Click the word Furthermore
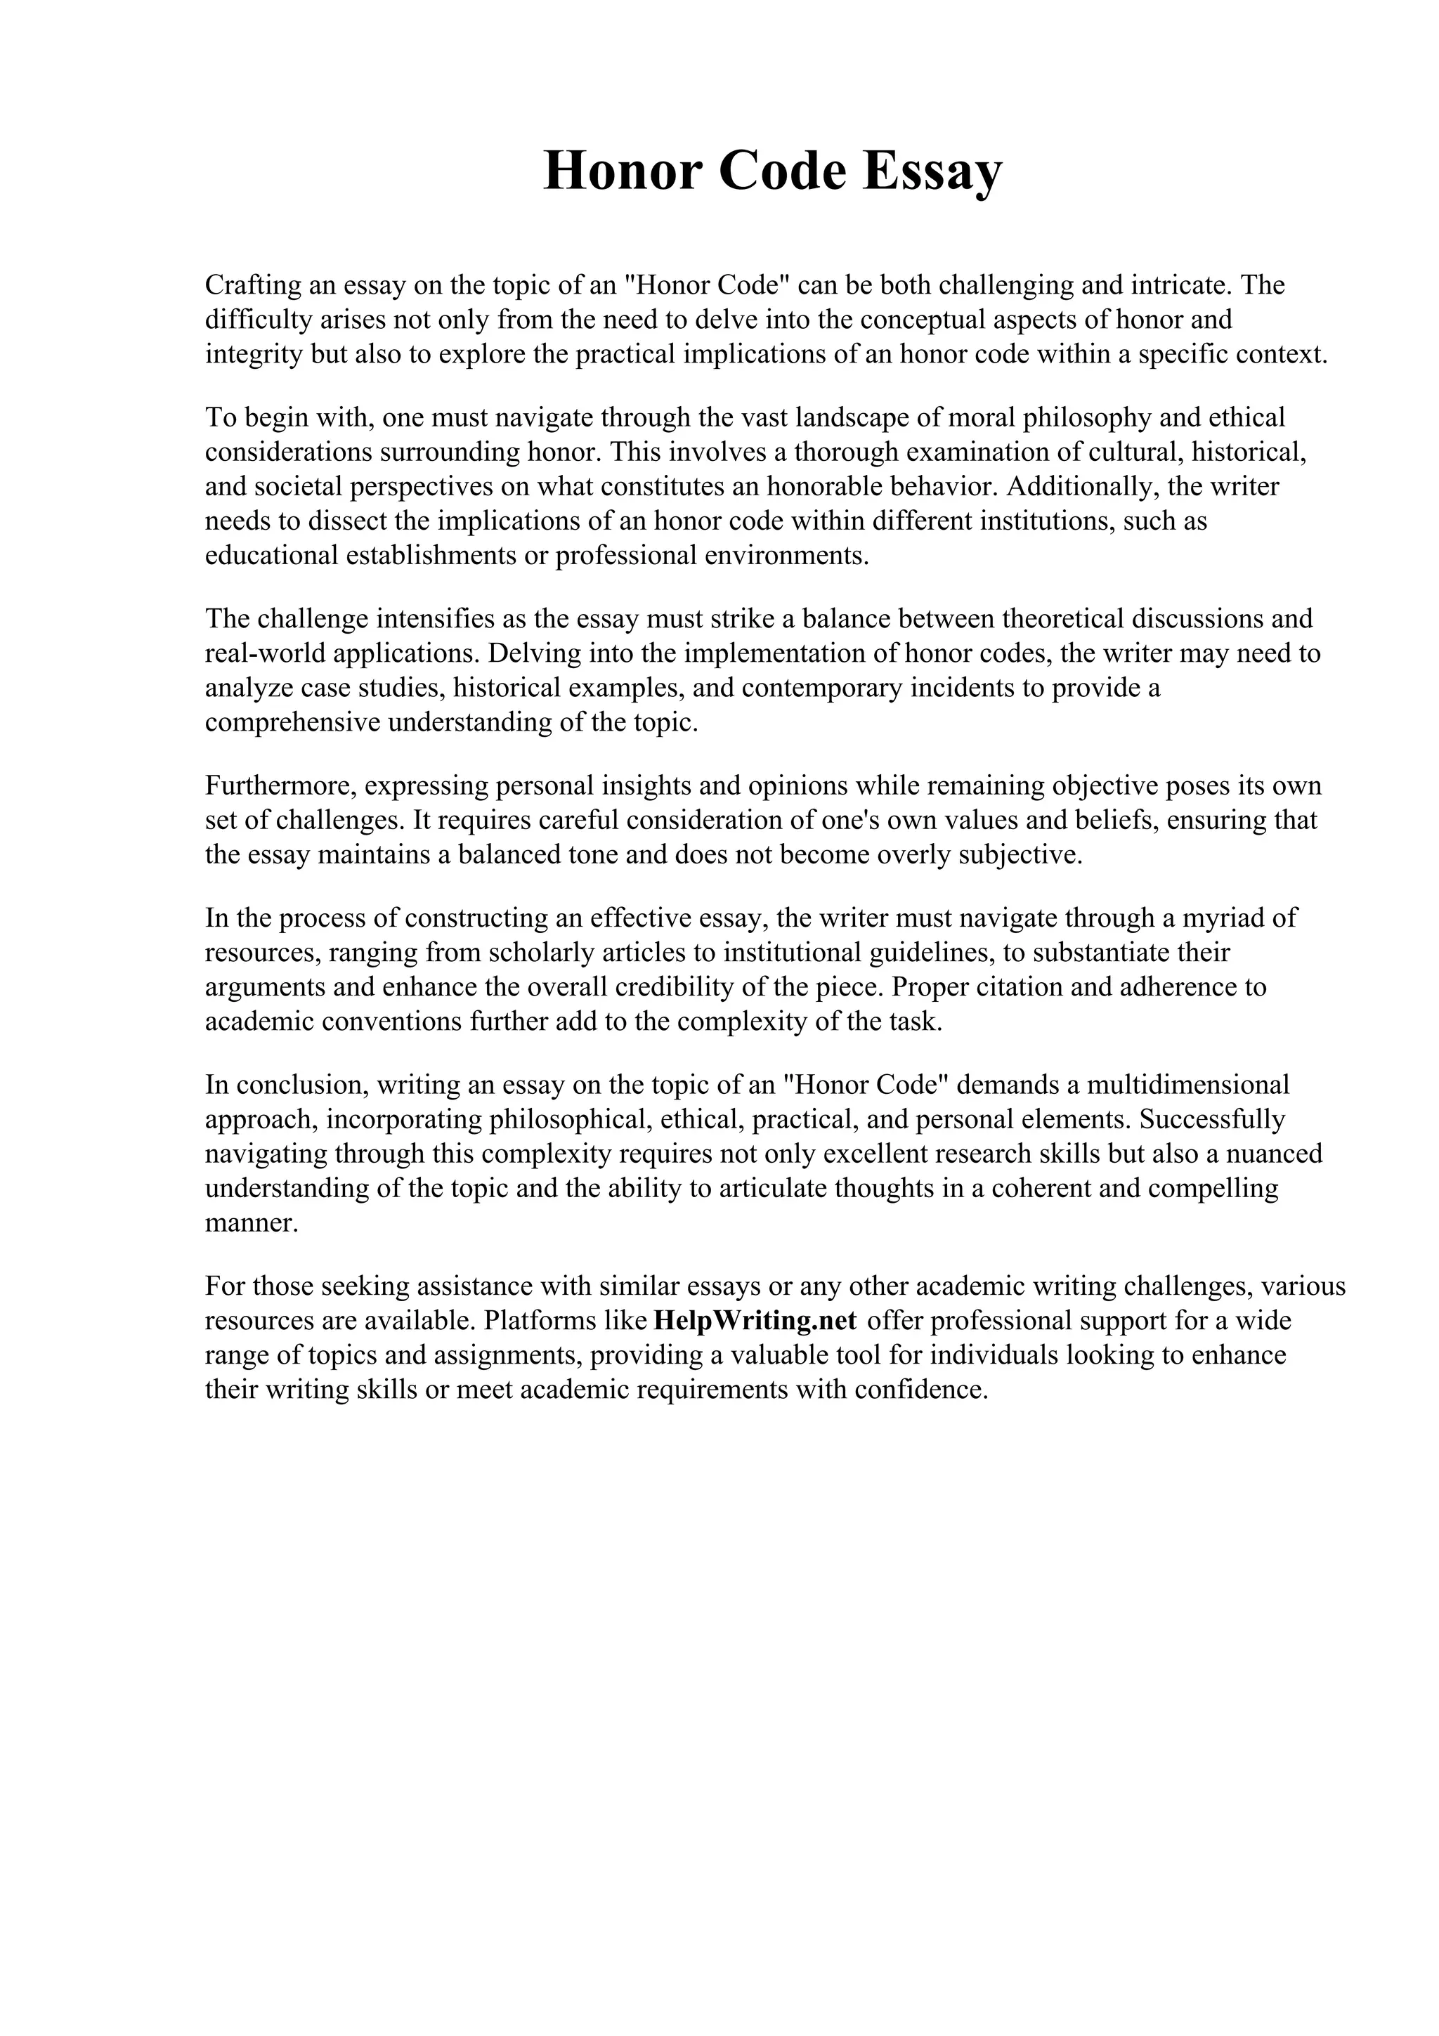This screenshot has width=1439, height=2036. (280, 785)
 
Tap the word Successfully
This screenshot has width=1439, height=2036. (1212, 1119)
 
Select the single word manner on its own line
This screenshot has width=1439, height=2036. (252, 1224)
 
